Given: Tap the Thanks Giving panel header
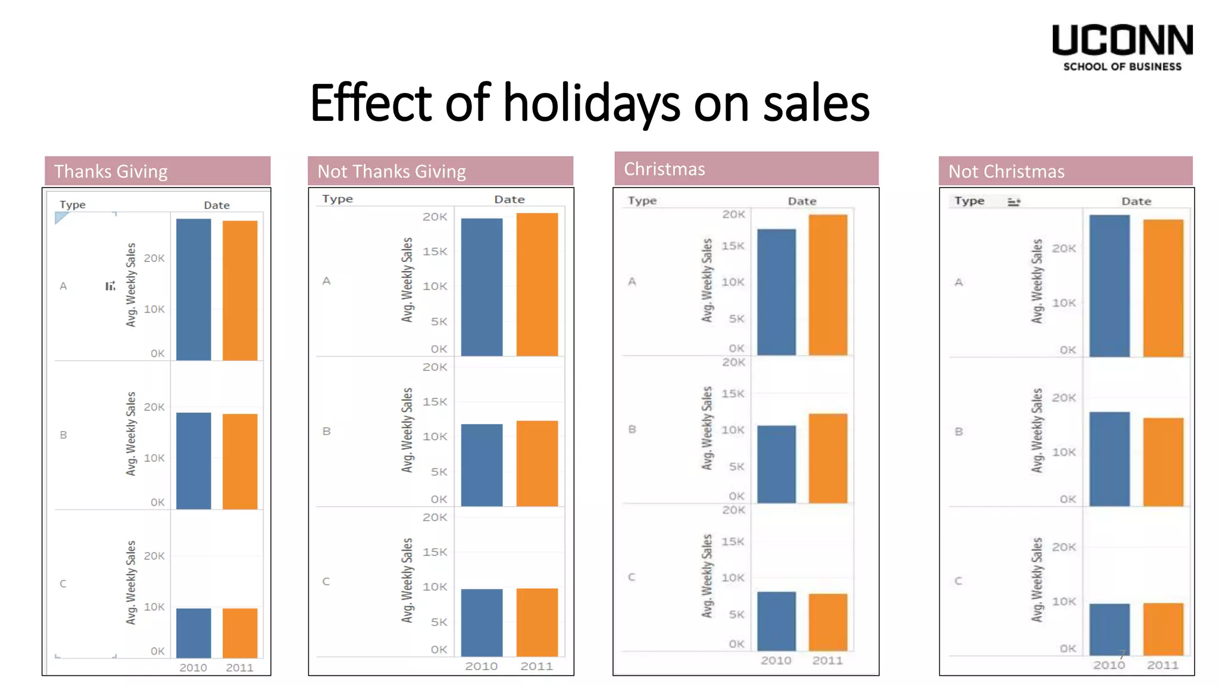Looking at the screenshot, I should (x=158, y=171).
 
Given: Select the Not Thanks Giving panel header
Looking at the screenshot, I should (x=440, y=171).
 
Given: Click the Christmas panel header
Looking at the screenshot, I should (x=746, y=169).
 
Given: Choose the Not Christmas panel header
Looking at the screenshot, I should (x=1065, y=171).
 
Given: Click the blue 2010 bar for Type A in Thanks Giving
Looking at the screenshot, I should (x=193, y=289).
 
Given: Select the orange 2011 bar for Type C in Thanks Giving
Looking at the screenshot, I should (x=240, y=632).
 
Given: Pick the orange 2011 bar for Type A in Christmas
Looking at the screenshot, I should (x=827, y=285).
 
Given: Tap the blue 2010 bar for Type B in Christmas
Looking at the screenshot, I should (x=776, y=464).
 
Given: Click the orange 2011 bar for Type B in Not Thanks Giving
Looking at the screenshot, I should (x=537, y=463).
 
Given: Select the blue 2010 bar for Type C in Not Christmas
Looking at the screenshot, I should (x=1109, y=629).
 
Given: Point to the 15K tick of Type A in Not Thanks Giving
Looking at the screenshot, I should (x=435, y=251).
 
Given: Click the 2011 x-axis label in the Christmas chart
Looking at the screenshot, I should (x=827, y=660).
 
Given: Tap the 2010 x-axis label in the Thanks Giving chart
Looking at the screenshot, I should (x=193, y=668).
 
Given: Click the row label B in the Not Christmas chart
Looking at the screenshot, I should (x=958, y=432).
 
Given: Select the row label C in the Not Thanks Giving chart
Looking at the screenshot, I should (x=326, y=581).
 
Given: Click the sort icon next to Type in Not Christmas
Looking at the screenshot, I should (x=1014, y=202).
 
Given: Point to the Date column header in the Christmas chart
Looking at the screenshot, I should (x=802, y=201).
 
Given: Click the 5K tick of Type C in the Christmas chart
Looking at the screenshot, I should (x=736, y=614).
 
